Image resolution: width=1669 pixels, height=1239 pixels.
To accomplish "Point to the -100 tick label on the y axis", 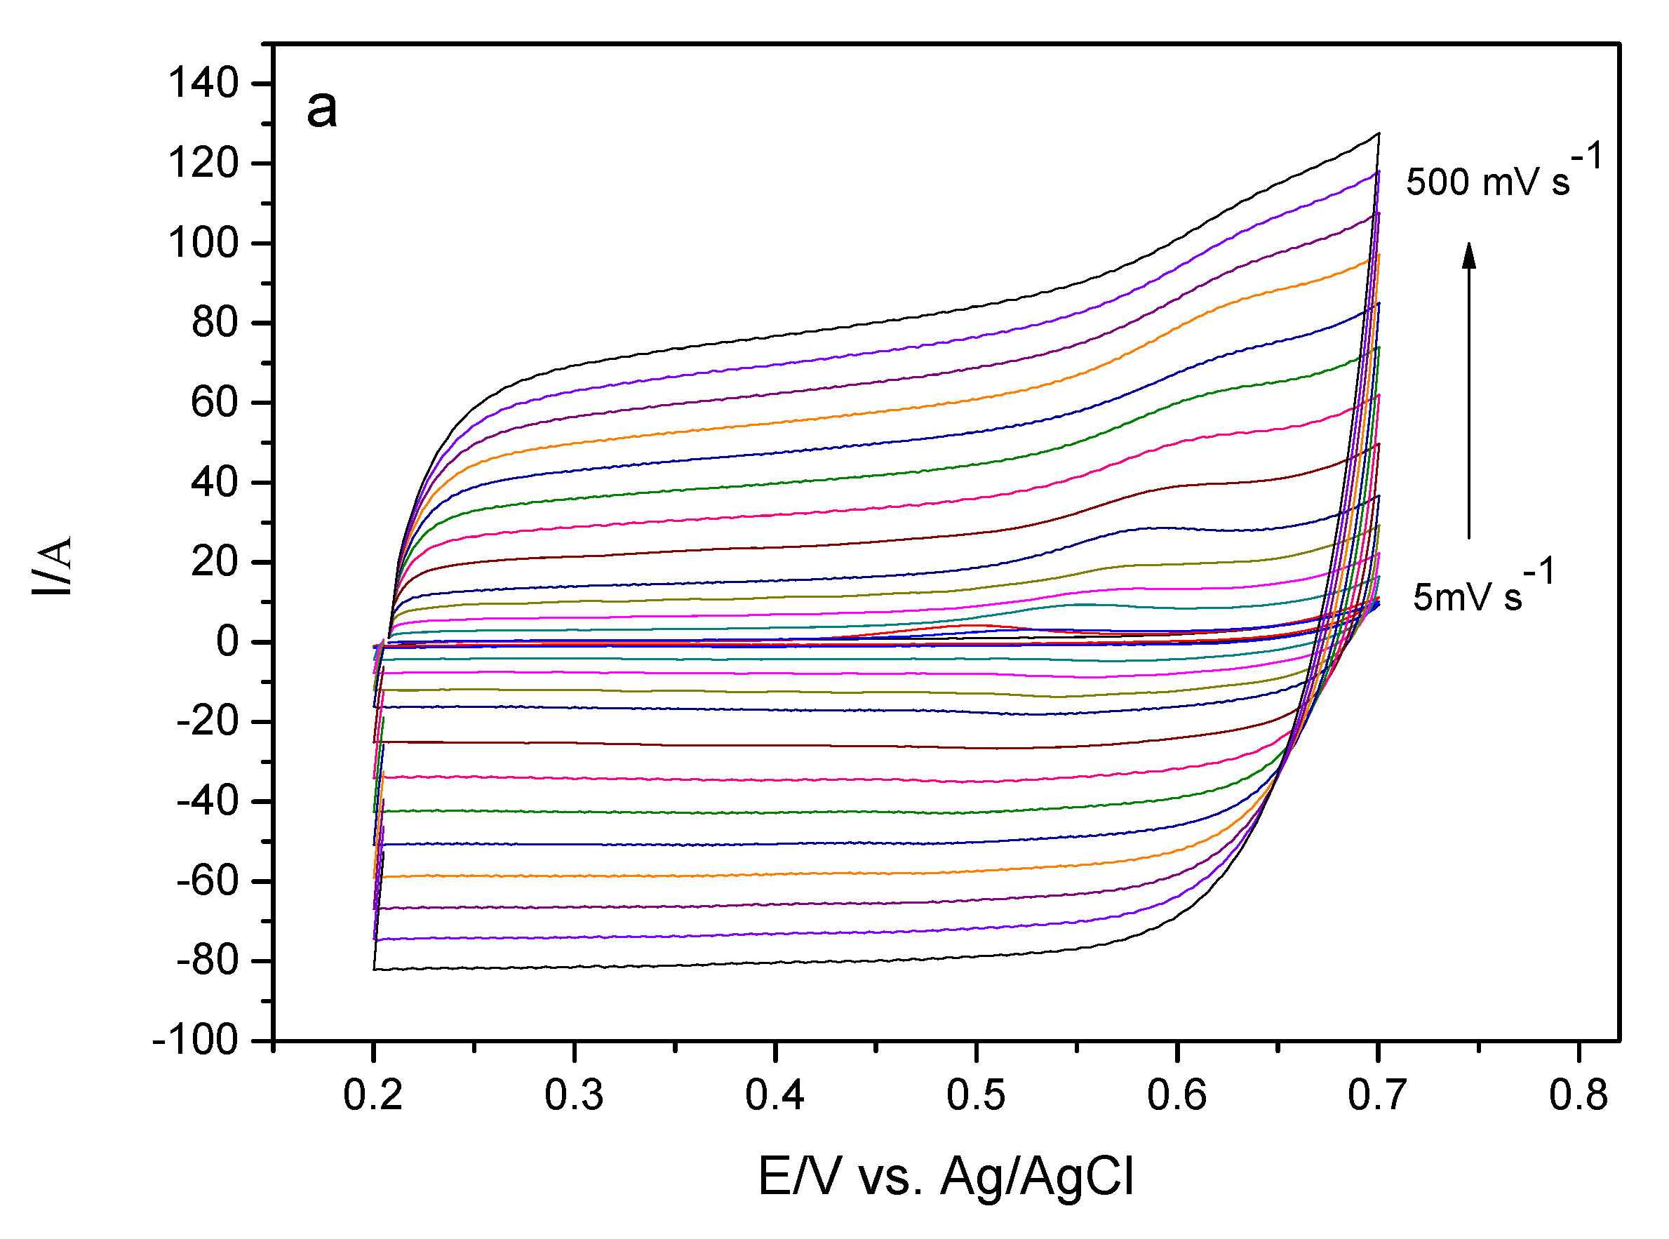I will click(195, 1040).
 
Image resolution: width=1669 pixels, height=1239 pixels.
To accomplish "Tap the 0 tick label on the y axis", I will click(227, 642).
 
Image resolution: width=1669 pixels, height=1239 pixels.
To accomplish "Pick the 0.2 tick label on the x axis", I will click(373, 1095).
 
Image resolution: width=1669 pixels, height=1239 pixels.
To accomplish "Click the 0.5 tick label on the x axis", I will click(975, 1095).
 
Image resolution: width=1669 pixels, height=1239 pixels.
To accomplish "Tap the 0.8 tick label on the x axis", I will click(1578, 1095).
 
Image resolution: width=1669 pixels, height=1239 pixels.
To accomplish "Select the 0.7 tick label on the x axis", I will click(1377, 1095).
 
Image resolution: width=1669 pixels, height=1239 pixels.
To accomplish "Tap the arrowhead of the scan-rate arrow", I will click(1469, 255).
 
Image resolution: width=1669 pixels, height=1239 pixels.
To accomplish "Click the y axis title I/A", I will click(53, 567).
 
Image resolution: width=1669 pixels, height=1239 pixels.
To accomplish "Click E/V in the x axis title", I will click(799, 1176).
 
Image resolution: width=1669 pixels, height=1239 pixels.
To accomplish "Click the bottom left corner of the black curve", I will click(374, 969).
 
